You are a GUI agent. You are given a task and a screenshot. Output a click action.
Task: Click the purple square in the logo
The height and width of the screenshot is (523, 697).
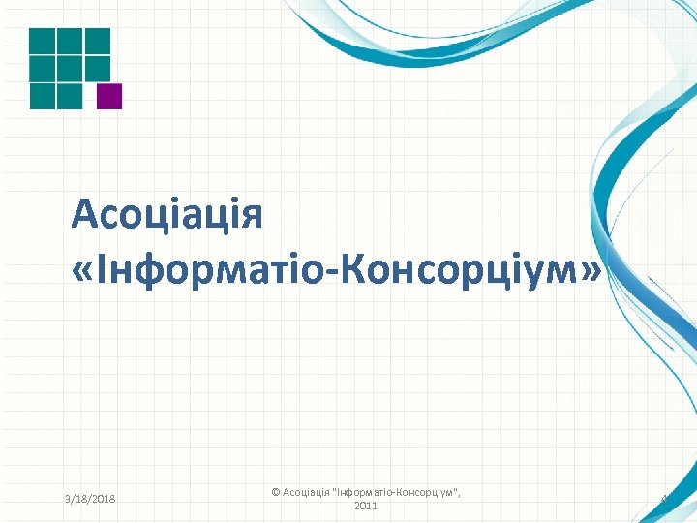point(110,96)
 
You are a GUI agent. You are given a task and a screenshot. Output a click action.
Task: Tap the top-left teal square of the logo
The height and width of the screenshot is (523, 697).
point(42,40)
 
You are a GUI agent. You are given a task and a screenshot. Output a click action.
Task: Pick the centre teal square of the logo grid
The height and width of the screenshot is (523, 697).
point(70,68)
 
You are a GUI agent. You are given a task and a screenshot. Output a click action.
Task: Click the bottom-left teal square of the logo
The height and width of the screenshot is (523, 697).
point(42,96)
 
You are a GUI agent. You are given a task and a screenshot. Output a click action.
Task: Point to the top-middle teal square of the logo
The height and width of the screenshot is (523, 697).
point(70,40)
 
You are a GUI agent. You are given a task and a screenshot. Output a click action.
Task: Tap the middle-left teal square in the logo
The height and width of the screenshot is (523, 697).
point(42,68)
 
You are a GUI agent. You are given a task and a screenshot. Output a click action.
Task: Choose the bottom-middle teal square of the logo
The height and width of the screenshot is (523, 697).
point(70,96)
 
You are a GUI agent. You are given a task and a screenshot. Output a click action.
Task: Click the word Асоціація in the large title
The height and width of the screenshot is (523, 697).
point(167,213)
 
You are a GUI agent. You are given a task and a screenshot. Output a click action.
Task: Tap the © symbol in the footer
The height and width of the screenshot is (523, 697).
point(276,492)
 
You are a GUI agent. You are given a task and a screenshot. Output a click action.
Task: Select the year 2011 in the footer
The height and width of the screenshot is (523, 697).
point(366,506)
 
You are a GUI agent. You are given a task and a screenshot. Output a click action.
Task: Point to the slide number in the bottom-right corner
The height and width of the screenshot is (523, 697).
point(665,499)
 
